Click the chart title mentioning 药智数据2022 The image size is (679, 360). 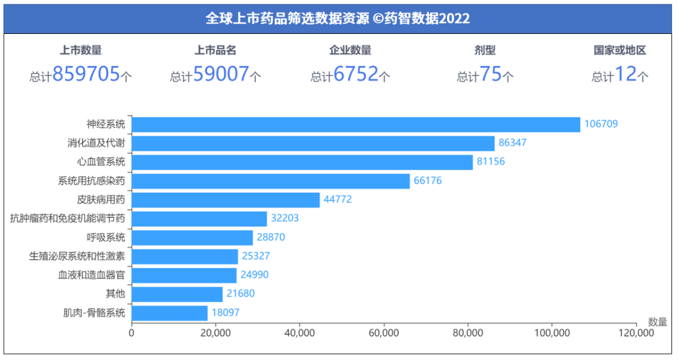coord(338,18)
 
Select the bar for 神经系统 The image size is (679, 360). coord(356,124)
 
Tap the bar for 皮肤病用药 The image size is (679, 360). coord(226,200)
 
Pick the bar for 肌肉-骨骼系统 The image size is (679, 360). coord(170,313)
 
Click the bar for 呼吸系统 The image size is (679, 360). coord(192,237)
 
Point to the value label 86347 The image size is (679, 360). coord(512,143)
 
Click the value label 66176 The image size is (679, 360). coord(428,181)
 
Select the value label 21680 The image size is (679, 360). coord(240,294)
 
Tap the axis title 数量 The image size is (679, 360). coord(658,322)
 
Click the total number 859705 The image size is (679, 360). coord(86,75)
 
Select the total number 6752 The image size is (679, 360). coord(356,75)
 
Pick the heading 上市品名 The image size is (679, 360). coord(216,51)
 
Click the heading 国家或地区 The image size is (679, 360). coord(620,51)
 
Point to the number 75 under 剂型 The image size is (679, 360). coord(490,75)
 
